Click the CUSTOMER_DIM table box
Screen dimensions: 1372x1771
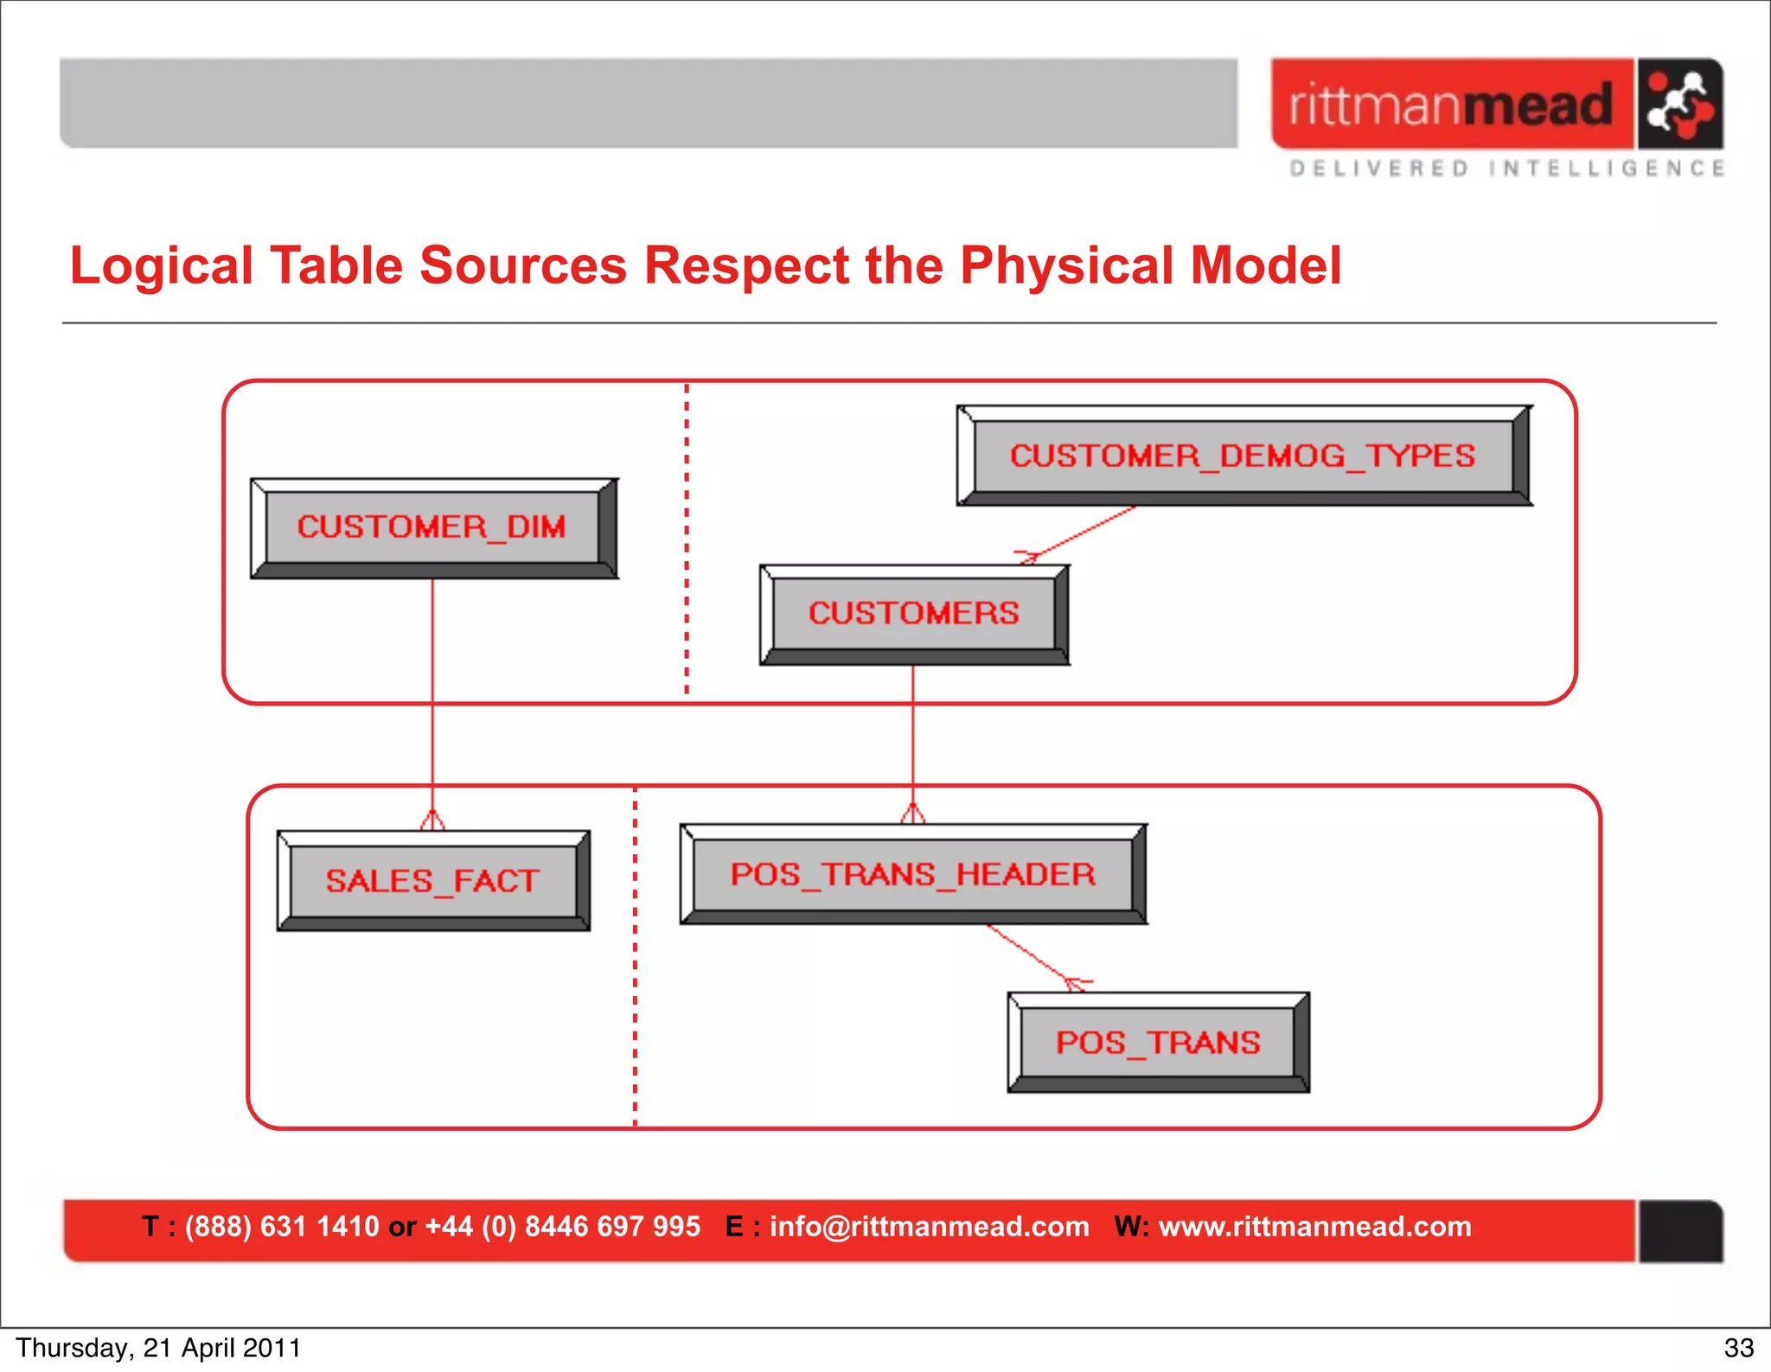(432, 527)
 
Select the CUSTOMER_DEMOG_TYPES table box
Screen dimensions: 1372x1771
(1244, 456)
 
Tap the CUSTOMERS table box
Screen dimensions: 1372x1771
(914, 614)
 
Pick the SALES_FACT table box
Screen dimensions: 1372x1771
(432, 881)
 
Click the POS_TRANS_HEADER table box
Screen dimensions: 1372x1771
(913, 874)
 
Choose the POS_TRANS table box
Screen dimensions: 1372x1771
(1158, 1043)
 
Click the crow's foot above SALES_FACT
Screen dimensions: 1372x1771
(432, 819)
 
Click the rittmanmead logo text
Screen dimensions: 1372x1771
(1451, 105)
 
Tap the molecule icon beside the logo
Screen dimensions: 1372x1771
(1679, 105)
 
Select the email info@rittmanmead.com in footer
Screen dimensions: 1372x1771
(929, 1226)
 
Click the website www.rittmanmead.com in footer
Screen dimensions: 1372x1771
(1314, 1226)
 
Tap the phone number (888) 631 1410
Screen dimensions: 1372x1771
(282, 1226)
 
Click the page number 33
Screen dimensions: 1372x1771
(1738, 1348)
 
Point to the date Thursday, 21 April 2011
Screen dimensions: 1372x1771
(158, 1348)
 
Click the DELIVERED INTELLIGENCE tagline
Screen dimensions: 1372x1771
(1506, 169)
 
